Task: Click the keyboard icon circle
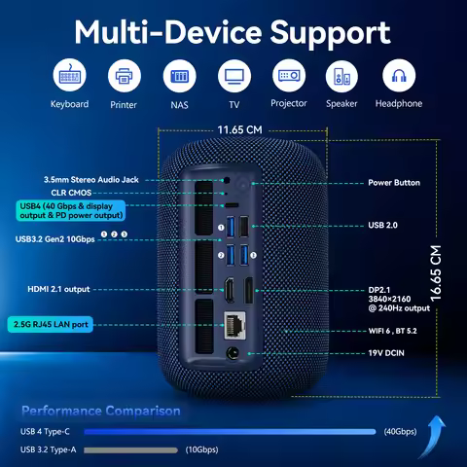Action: click(69, 76)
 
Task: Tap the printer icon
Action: click(125, 76)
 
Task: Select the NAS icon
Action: click(179, 76)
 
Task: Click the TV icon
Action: click(233, 76)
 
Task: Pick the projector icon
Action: click(288, 76)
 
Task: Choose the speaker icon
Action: click(341, 76)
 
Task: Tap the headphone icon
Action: click(398, 76)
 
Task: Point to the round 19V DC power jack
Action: click(233, 356)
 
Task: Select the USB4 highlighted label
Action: click(72, 211)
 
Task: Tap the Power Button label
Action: click(394, 183)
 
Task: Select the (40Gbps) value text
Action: click(400, 431)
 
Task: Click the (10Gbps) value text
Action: click(201, 449)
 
